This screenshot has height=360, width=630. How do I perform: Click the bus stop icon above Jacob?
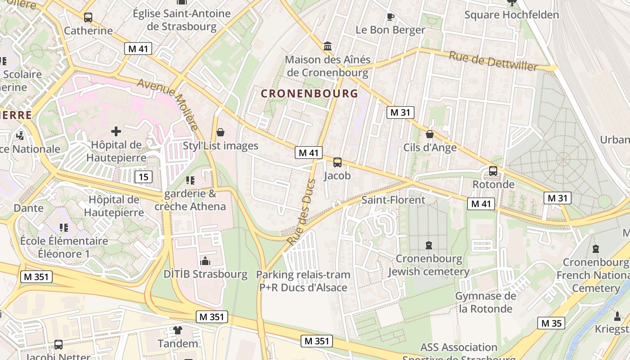(337, 162)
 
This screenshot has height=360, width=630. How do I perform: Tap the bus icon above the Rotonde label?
(493, 171)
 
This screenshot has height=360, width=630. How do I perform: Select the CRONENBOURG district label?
(309, 94)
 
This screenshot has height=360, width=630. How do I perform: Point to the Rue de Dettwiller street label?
(493, 61)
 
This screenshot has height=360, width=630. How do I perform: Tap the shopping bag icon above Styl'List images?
(220, 132)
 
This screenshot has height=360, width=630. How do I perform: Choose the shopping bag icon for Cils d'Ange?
(430, 134)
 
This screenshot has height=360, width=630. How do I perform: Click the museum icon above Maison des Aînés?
(328, 46)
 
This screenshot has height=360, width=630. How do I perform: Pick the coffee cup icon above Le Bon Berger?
(390, 17)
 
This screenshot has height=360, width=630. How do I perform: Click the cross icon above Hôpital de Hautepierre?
(116, 131)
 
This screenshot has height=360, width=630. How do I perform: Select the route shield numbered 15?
(143, 177)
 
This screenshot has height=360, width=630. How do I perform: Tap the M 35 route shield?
(551, 323)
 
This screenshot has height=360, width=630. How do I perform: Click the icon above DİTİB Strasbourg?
(205, 261)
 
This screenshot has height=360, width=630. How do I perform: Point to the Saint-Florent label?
(393, 200)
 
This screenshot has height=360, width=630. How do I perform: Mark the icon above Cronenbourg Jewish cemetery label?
(428, 245)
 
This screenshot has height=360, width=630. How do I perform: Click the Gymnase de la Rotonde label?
(486, 302)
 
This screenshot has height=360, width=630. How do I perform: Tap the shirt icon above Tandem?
(178, 330)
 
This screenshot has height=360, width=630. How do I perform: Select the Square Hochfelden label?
(511, 15)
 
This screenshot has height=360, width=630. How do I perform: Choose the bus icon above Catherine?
(88, 18)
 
